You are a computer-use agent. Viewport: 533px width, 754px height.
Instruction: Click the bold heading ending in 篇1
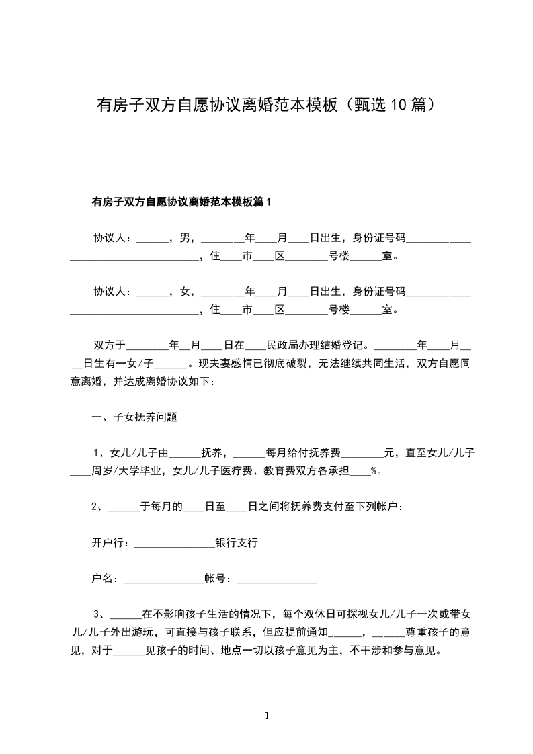(181, 202)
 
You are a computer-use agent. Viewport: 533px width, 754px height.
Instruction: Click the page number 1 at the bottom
(267, 716)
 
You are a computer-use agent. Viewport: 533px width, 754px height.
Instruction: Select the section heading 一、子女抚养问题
(134, 417)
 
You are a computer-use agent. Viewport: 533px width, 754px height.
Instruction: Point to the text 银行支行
(237, 543)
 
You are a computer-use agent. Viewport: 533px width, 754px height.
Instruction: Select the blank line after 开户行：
(174, 544)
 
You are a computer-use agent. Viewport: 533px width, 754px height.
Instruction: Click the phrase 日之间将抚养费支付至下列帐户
(325, 507)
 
